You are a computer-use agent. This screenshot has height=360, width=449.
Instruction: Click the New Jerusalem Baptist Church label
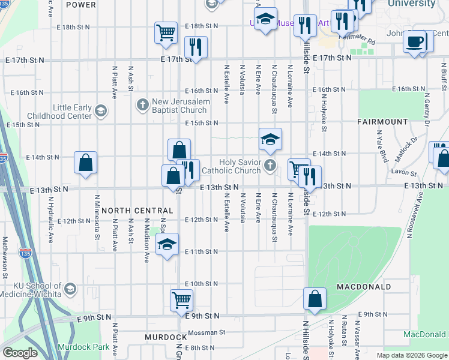tap(181, 106)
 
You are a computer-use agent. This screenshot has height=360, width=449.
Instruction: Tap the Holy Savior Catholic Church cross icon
tap(271, 166)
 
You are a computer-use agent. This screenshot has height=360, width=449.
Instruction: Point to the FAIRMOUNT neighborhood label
tap(382, 121)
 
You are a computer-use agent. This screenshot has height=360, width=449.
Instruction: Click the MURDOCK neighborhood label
tap(166, 337)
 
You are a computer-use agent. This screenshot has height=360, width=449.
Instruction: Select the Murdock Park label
tap(84, 347)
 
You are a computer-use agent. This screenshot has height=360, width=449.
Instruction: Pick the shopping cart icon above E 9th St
tap(181, 299)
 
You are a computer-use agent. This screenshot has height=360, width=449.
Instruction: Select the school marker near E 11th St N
tap(167, 244)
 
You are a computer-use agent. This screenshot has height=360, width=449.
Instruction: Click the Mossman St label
tap(206, 332)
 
